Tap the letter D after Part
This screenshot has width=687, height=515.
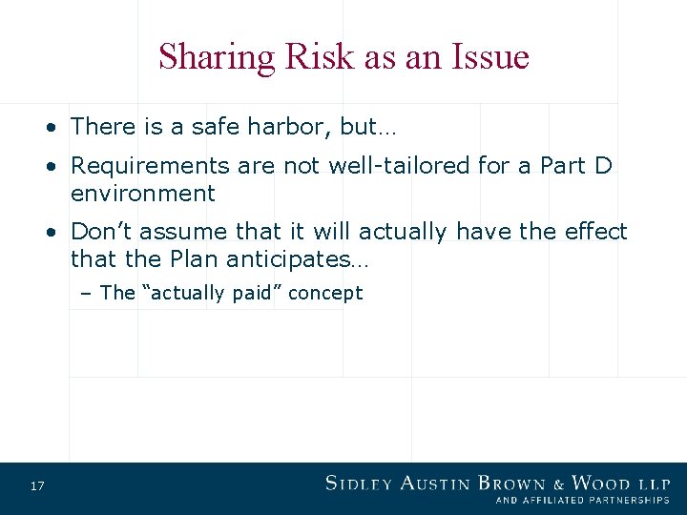pyautogui.click(x=602, y=166)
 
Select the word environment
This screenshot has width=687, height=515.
pyautogui.click(x=143, y=194)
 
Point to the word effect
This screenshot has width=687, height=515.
pyautogui.click(x=595, y=232)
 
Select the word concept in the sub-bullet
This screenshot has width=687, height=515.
pyautogui.click(x=324, y=294)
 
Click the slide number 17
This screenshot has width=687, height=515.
pyautogui.click(x=37, y=487)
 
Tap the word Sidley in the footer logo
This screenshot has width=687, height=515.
pyautogui.click(x=359, y=484)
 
